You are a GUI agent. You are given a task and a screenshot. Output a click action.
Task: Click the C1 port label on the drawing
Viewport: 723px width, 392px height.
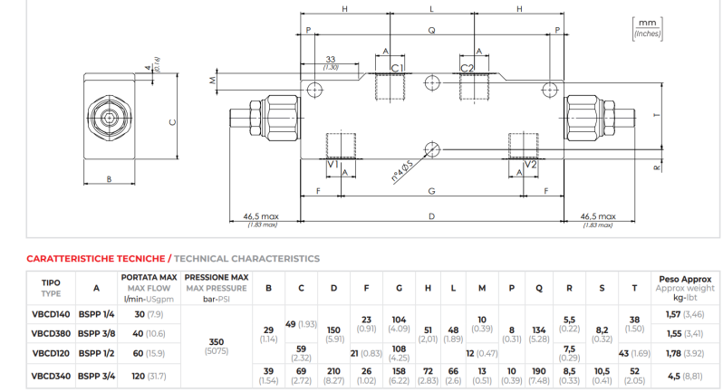click(x=397, y=68)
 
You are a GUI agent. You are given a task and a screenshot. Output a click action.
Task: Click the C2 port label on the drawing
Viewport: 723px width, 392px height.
click(x=467, y=68)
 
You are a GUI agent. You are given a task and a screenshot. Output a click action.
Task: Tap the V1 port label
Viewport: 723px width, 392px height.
click(x=333, y=165)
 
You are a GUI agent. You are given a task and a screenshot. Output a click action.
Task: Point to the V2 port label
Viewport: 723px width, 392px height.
click(x=531, y=165)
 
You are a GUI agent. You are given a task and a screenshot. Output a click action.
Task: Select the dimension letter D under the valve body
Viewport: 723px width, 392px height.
click(x=431, y=216)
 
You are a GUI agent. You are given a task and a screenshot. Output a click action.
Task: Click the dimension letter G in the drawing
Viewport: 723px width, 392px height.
click(x=431, y=191)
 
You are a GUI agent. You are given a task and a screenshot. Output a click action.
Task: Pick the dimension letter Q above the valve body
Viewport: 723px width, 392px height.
click(x=431, y=31)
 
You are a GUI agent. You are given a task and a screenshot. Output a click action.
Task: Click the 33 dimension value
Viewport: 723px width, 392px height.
click(x=331, y=59)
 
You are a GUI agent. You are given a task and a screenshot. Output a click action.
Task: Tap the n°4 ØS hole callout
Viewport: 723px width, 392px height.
click(x=401, y=171)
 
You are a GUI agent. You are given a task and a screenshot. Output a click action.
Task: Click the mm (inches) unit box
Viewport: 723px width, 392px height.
click(x=648, y=29)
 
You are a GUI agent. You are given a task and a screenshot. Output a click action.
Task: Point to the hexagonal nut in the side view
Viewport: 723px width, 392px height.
click(x=110, y=118)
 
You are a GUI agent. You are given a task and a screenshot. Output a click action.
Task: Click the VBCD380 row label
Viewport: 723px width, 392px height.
click(x=51, y=333)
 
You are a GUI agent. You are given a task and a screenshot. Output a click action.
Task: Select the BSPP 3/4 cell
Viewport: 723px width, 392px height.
click(x=96, y=376)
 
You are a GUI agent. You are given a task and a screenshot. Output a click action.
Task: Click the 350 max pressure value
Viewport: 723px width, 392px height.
click(x=217, y=342)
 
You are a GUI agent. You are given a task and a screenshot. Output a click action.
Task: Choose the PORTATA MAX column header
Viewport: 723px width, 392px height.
click(x=149, y=277)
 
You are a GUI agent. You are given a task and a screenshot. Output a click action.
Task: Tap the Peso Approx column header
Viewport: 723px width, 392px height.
click(x=685, y=279)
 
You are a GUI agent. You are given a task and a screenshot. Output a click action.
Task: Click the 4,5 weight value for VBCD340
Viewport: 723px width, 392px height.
click(x=674, y=377)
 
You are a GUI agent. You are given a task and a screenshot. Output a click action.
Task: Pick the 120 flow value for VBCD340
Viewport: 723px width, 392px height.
click(x=139, y=376)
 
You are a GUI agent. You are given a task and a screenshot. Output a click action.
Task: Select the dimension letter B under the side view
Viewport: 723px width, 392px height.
click(x=109, y=179)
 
